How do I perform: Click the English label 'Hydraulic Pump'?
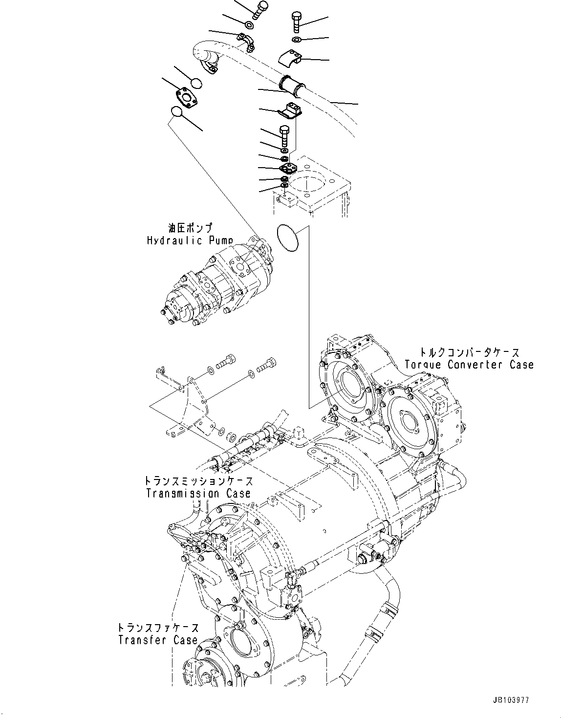tap(190, 240)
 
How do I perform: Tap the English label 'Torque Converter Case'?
tap(469, 365)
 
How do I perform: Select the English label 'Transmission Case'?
tap(198, 494)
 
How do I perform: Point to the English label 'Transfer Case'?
tap(157, 640)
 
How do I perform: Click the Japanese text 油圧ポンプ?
tap(190, 228)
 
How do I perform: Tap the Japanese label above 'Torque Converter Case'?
tap(469, 352)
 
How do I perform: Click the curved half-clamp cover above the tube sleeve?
tap(292, 58)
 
